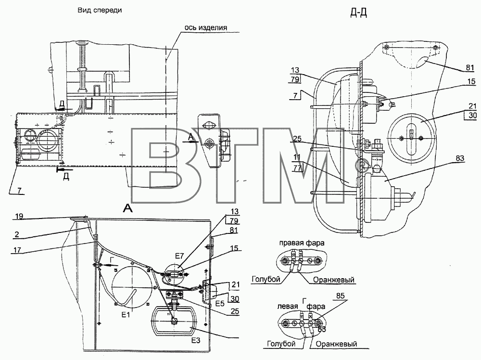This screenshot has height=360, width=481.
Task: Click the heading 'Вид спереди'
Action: click(100, 10)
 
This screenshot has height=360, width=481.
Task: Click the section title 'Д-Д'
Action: click(359, 13)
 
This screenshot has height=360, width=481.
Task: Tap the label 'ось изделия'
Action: click(206, 27)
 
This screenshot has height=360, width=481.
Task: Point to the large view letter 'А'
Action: click(128, 209)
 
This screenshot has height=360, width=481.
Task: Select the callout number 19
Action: click(19, 217)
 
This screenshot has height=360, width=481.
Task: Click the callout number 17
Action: click(17, 250)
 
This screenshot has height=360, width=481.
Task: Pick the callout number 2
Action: click(17, 235)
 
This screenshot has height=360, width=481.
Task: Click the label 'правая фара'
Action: click(302, 243)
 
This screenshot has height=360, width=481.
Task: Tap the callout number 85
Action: click(340, 296)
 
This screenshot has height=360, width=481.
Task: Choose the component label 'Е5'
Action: click(220, 304)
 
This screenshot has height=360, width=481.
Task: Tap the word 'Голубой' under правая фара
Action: click(266, 279)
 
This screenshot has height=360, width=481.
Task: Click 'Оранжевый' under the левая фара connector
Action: click(336, 344)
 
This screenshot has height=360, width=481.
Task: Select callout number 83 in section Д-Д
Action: click(460, 159)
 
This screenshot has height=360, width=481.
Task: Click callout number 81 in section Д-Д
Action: click(470, 67)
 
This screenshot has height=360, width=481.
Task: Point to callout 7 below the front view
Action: click(19, 191)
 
